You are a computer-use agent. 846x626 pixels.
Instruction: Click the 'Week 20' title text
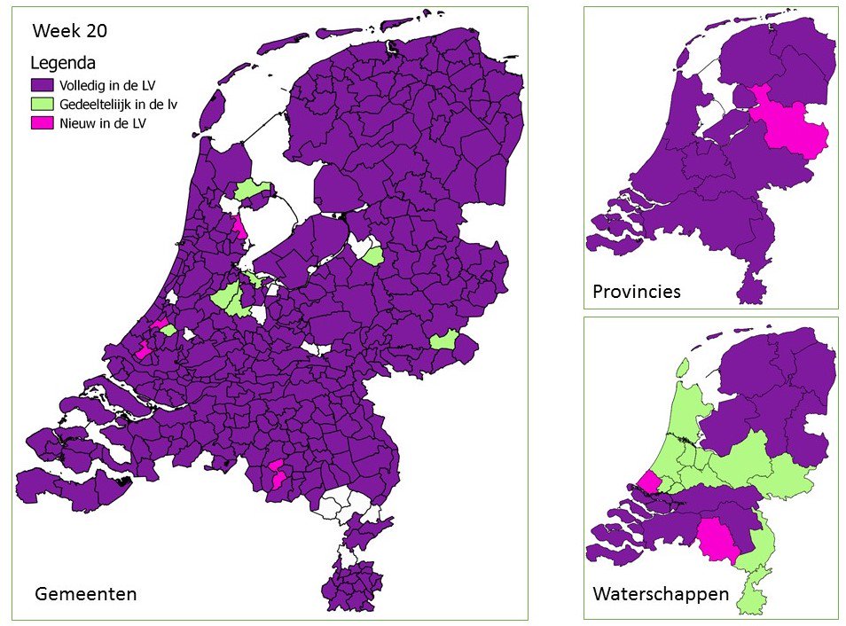tap(70, 32)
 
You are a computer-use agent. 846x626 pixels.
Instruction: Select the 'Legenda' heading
tap(63, 63)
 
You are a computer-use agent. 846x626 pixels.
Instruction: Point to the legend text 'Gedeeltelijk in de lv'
tap(118, 105)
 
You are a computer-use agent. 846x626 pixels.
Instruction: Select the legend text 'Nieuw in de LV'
tap(102, 124)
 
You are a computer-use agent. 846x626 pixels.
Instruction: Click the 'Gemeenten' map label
tap(85, 593)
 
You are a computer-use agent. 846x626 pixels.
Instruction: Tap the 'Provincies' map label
tap(637, 291)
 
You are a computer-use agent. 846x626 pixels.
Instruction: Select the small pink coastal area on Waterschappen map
tap(649, 481)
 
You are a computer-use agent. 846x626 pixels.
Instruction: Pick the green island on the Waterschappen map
tap(682, 367)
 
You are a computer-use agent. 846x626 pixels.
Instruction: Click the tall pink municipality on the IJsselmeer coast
tap(239, 228)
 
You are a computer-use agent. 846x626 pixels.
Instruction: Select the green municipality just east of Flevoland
tap(373, 255)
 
